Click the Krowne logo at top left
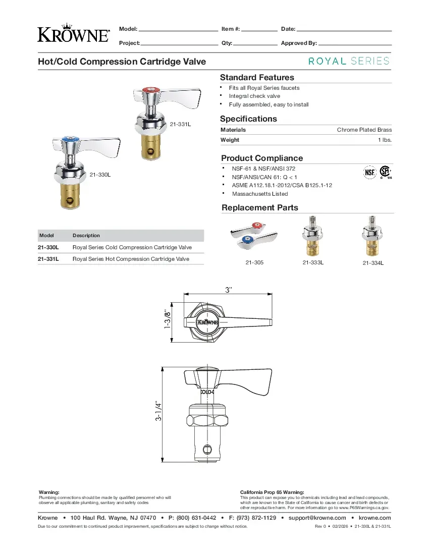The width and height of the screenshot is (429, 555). (73, 33)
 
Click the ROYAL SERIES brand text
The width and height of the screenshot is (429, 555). (349, 61)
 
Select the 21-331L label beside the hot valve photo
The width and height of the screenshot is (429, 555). (180, 124)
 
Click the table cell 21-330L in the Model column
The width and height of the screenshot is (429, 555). (48, 248)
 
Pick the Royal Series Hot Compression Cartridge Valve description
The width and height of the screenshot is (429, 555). (131, 259)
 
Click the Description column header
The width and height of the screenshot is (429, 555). (86, 236)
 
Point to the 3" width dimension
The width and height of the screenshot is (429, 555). (229, 290)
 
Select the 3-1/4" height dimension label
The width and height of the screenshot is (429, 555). (158, 411)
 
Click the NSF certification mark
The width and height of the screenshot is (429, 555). (370, 172)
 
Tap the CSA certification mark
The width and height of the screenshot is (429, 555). (386, 172)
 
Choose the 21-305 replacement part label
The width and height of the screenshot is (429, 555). (254, 263)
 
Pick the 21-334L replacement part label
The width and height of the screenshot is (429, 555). (373, 263)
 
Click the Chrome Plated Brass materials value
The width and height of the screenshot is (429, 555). (364, 130)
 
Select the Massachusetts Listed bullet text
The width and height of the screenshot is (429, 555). (259, 194)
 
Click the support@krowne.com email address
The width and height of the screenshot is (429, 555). (317, 518)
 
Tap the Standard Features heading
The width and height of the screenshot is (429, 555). (257, 78)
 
